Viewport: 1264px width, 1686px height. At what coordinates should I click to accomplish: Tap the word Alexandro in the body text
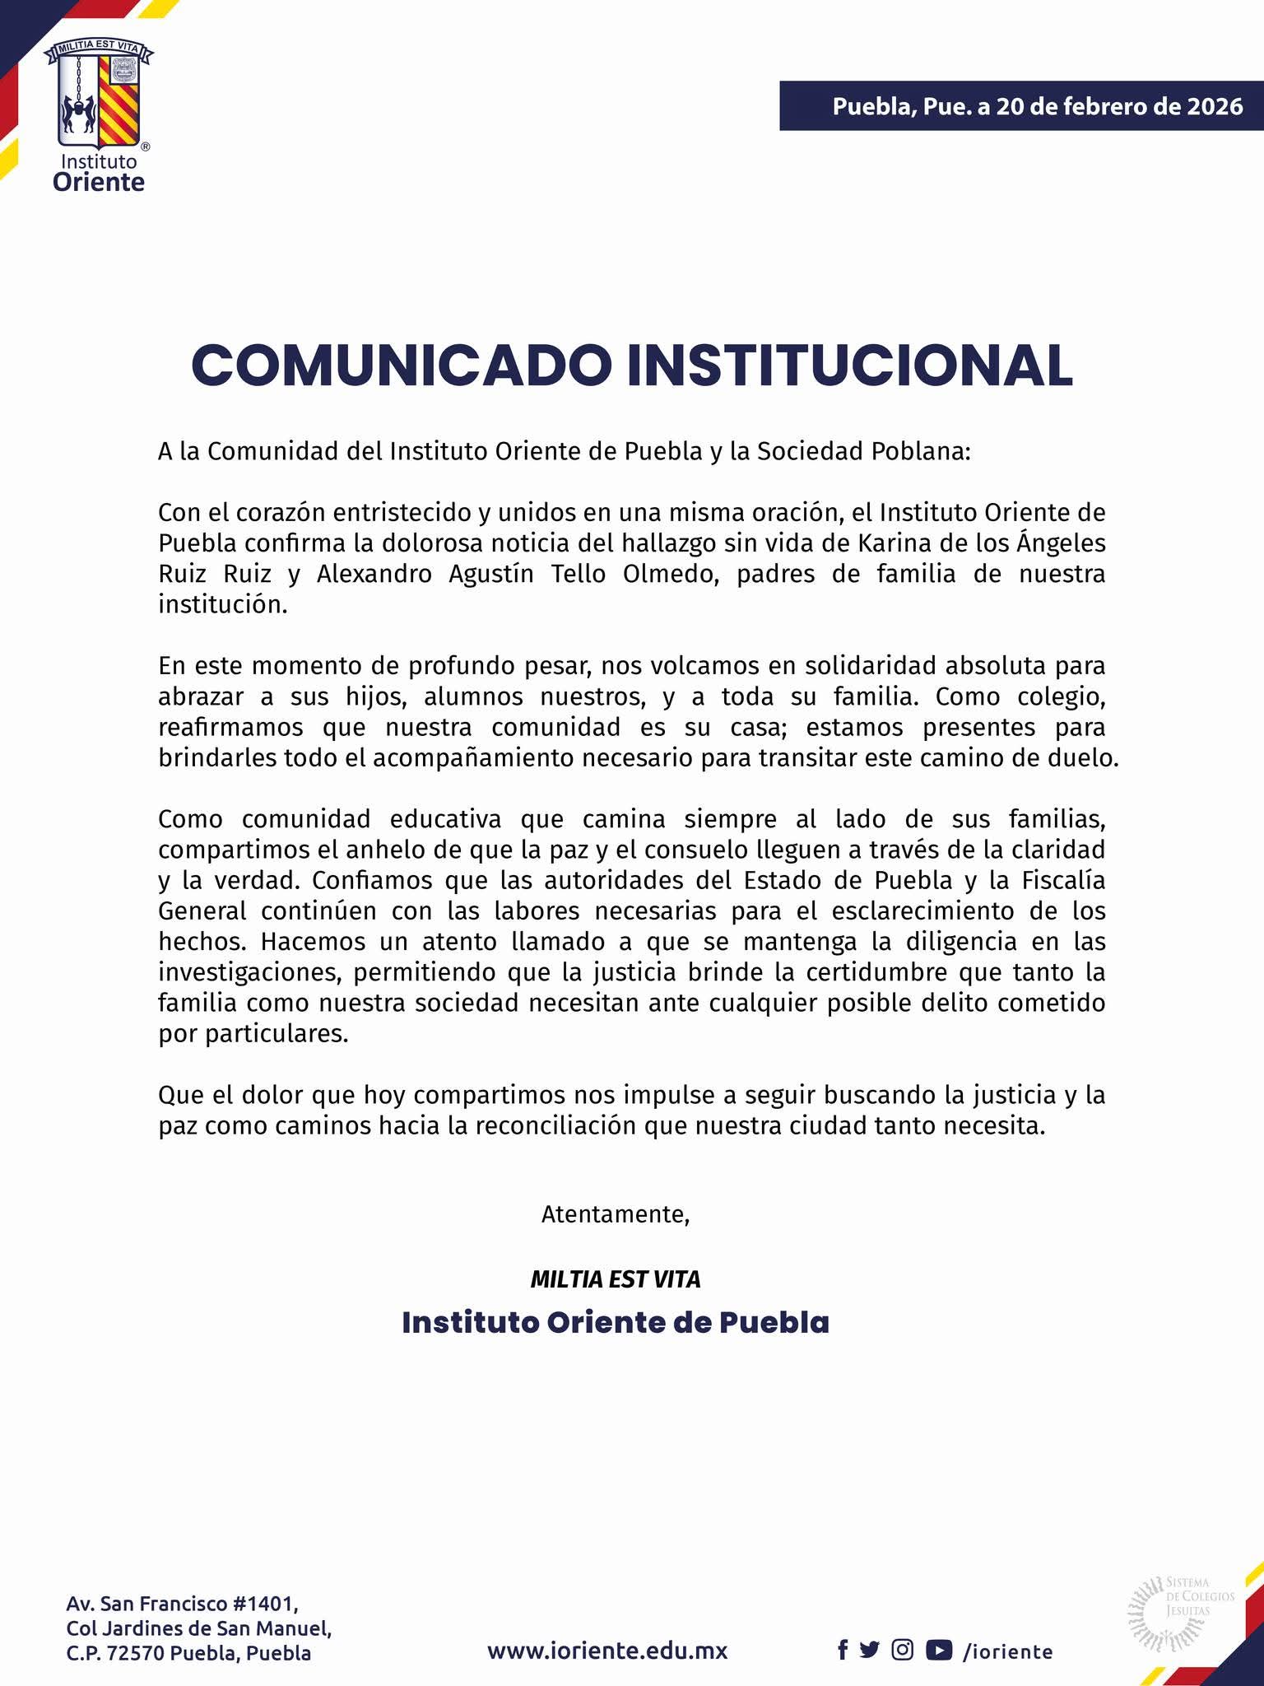click(374, 574)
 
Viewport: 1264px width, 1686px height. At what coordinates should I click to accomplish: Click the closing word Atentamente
click(615, 1214)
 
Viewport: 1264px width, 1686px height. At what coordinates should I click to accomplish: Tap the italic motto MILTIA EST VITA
click(615, 1279)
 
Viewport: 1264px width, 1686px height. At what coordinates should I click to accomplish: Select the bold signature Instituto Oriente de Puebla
click(615, 1323)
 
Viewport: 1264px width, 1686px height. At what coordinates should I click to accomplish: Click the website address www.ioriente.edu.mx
click(607, 1628)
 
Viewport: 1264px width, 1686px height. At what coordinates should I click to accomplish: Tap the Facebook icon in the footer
click(843, 1627)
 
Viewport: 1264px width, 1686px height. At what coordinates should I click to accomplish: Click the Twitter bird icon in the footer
click(869, 1627)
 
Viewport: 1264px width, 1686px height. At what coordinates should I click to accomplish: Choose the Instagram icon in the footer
click(903, 1627)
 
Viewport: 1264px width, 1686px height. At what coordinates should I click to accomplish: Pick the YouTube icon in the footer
click(939, 1627)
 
